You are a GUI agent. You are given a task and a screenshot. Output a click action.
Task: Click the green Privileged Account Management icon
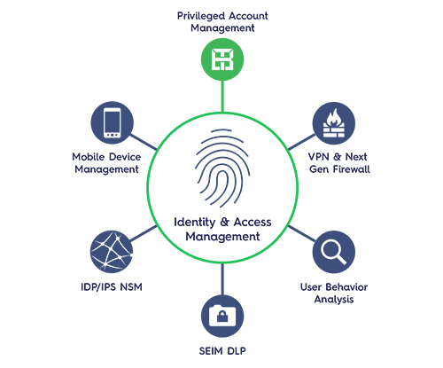pyautogui.click(x=222, y=59)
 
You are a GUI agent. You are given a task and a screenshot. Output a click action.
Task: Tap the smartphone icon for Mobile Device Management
pyautogui.click(x=113, y=123)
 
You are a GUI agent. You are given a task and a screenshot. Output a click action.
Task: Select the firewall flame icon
pyautogui.click(x=334, y=123)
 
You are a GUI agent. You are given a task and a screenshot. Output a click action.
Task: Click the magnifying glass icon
pyautogui.click(x=334, y=252)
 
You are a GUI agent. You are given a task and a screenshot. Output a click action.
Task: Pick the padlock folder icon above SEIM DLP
pyautogui.click(x=222, y=316)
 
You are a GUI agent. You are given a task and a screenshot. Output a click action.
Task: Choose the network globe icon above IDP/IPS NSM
pyautogui.click(x=112, y=252)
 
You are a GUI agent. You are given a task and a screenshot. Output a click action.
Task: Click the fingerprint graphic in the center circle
pyautogui.click(x=222, y=168)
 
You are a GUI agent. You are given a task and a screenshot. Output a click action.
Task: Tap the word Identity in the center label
pyautogui.click(x=195, y=223)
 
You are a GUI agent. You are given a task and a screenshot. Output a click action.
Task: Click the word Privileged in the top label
pyautogui.click(x=201, y=16)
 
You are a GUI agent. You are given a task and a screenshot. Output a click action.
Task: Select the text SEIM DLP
pyautogui.click(x=222, y=351)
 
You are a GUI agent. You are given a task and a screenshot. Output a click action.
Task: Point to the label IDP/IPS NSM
pyautogui.click(x=112, y=287)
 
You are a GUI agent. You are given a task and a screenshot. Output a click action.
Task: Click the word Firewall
pyautogui.click(x=352, y=169)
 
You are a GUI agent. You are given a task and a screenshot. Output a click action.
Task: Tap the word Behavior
pyautogui.click(x=346, y=287)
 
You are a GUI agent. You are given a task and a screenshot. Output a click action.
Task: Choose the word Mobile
pyautogui.click(x=89, y=157)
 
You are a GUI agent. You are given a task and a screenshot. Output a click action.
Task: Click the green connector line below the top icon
pyautogui.click(x=222, y=96)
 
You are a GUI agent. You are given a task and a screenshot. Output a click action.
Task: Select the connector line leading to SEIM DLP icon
pyautogui.click(x=222, y=278)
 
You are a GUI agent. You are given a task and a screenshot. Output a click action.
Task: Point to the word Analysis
pyautogui.click(x=334, y=300)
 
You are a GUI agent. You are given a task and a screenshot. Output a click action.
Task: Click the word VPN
pyautogui.click(x=319, y=157)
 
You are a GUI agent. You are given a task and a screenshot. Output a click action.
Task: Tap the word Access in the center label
pyautogui.click(x=253, y=222)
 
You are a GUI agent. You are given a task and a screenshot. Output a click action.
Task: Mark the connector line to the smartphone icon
pyautogui.click(x=144, y=142)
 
